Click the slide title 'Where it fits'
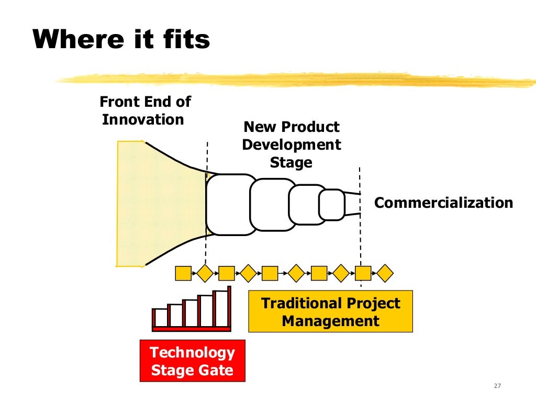coord(121,39)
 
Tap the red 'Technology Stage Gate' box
coord(192,361)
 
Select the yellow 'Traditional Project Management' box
coord(330,311)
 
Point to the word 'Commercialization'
coord(444,203)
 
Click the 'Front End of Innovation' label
coord(146,110)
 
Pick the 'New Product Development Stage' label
coord(291,144)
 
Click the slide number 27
coord(497,386)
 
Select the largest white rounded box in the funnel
coord(231,204)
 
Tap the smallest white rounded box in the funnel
coord(331,205)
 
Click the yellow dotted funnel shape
coord(157,204)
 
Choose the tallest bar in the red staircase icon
coord(221,308)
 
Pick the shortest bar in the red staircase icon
coord(161,317)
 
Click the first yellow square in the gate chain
coord(183,273)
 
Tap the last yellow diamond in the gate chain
coord(385,273)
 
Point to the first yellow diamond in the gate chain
coord(205,273)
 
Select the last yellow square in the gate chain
coord(363,273)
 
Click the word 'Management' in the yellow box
coord(330,320)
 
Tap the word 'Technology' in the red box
coord(192,352)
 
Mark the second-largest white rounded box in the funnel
coord(273,205)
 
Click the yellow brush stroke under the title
coord(293,80)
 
